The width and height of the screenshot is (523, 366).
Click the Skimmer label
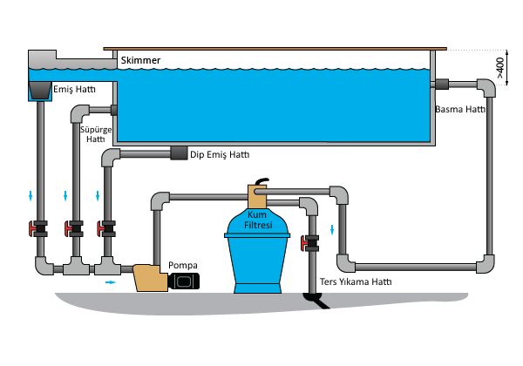pos(143,60)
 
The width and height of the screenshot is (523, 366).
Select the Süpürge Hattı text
pos(93,133)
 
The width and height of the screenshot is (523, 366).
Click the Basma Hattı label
pos(459,110)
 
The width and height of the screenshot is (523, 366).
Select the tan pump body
pos(148,279)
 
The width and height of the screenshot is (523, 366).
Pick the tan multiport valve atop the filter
pos(258,194)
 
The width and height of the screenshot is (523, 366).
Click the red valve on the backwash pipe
pos(306,245)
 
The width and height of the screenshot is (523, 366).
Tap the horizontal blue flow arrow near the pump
pos(111,283)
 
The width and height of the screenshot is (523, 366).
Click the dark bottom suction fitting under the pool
pos(180,155)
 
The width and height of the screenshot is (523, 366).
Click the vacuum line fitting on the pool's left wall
pos(112,111)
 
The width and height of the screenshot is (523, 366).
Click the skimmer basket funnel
pos(39,88)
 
